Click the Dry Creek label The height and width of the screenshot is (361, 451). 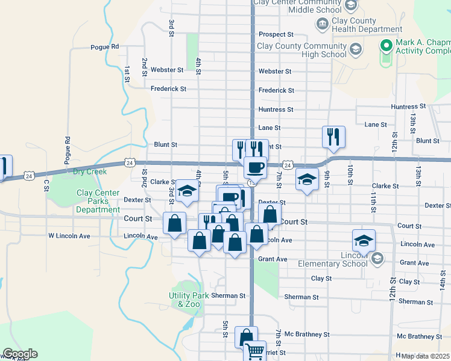[90, 171]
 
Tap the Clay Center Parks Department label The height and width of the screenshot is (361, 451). [98, 201]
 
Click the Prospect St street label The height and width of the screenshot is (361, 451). [276, 34]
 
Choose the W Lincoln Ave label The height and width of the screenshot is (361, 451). [69, 236]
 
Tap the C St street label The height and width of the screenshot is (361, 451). [46, 185]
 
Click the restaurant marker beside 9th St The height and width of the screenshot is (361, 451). [333, 137]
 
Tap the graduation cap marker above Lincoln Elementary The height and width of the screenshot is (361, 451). [364, 240]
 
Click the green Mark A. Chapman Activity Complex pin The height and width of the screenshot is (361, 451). [386, 45]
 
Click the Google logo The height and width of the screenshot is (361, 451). [20, 354]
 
